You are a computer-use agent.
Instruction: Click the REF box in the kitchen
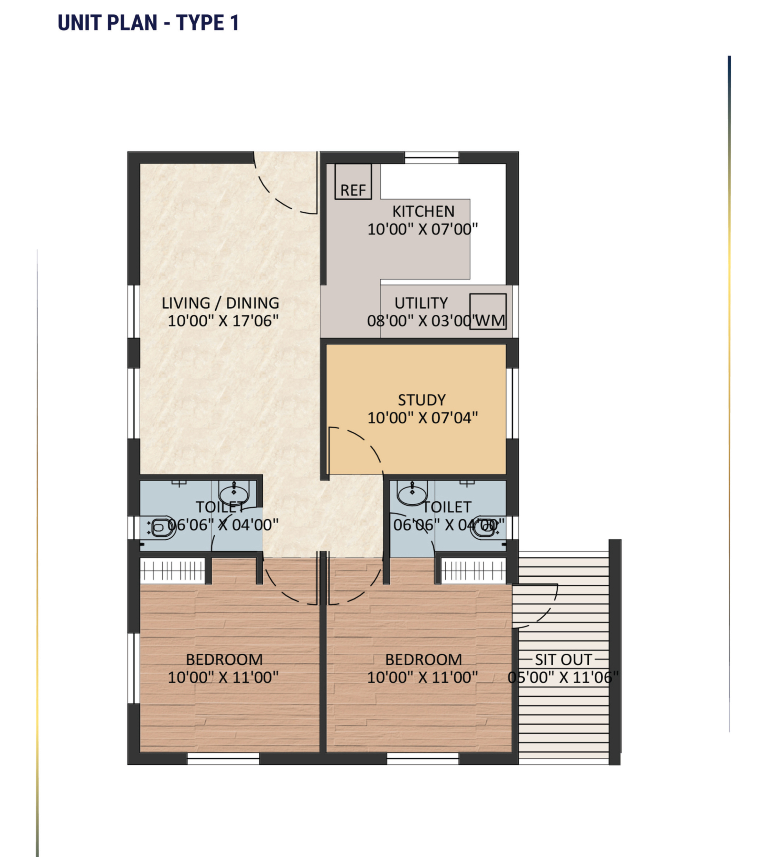(353, 181)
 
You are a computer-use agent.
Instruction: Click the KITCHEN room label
(423, 211)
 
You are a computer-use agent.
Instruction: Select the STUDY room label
(422, 400)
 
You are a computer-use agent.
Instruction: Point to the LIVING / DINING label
(220, 303)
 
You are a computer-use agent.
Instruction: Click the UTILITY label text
(421, 303)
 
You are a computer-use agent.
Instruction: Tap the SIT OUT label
(563, 659)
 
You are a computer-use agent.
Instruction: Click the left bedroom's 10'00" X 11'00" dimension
(223, 677)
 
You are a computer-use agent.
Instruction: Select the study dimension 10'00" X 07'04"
(422, 418)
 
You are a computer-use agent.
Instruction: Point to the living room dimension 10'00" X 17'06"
(223, 321)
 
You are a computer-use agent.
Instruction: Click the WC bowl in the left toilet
(161, 527)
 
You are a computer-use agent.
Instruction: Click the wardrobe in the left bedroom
(172, 571)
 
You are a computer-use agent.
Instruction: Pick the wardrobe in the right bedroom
(474, 571)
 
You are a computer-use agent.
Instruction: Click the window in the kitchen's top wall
(432, 158)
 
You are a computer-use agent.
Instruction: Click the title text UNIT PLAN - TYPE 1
(148, 23)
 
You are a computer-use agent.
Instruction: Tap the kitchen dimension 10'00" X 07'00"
(422, 229)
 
